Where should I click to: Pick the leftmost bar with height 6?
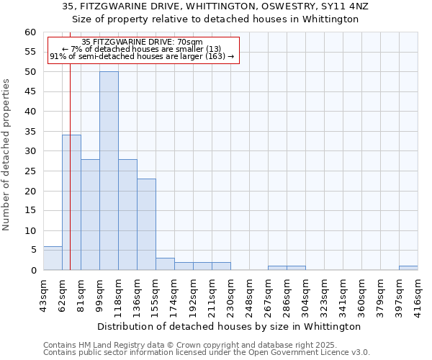[53, 258]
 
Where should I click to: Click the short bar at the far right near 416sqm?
[408, 268]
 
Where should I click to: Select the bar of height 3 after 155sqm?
[165, 264]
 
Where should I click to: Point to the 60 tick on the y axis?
[30, 32]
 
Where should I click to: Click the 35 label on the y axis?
[30, 132]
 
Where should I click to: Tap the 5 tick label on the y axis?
[32, 251]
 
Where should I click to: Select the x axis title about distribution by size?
[229, 326]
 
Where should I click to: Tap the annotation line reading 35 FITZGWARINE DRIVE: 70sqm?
[142, 42]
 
